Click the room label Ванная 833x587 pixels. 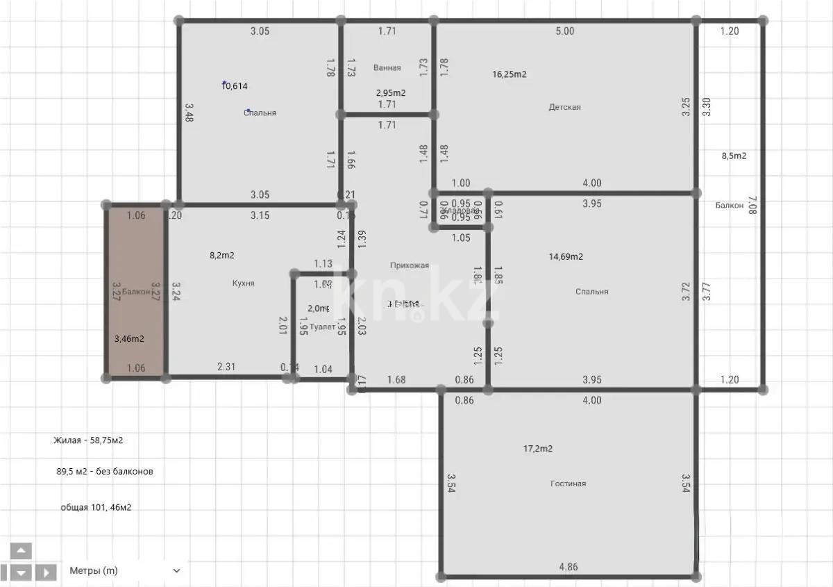[x=387, y=68]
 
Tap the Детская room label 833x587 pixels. [x=564, y=107]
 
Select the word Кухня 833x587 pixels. [x=243, y=283]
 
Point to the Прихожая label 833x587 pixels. [x=409, y=265]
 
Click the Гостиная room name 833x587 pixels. [x=568, y=483]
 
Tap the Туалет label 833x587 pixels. [x=322, y=326]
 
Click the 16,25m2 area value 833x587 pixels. [x=509, y=74]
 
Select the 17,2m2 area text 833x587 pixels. [x=537, y=449]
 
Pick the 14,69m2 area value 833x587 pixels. [x=566, y=256]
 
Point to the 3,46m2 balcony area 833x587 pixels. [x=129, y=339]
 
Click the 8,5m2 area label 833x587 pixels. [x=734, y=156]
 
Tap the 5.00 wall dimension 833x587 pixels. [x=565, y=31]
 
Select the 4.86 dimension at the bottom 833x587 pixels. [x=568, y=567]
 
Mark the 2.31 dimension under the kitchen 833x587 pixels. [x=226, y=367]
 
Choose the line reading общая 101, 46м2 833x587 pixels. [x=96, y=507]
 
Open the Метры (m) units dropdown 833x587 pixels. [x=125, y=570]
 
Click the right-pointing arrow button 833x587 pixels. [x=46, y=572]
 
